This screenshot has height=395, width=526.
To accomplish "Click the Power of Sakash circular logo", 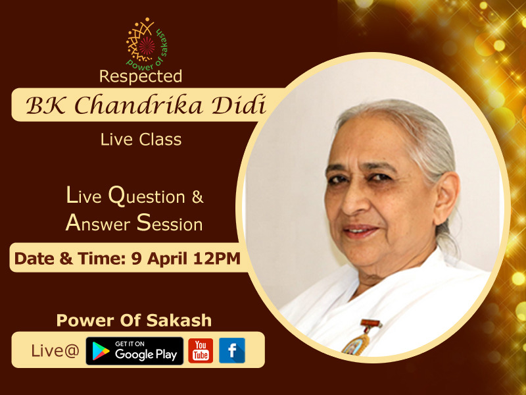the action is [147, 43].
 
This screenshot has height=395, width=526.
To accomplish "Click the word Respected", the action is [141, 76].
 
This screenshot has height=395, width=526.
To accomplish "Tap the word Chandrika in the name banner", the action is [138, 105].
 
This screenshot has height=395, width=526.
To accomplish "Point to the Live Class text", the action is [141, 140].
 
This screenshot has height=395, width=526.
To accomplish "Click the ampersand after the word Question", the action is [198, 197].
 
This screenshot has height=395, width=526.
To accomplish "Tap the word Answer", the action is [97, 223].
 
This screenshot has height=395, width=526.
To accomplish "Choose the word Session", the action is [170, 223].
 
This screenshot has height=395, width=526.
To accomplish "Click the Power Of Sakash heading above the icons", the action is [134, 320].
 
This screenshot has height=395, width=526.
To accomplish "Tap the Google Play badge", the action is [135, 351].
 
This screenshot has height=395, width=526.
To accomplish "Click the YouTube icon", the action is [201, 351].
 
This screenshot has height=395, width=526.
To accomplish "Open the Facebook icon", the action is [232, 351].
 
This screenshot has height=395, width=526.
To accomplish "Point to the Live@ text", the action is [55, 351].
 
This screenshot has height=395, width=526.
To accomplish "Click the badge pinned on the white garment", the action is [360, 338].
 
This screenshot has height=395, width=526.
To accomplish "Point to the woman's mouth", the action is [360, 231].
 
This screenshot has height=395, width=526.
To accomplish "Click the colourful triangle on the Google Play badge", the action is [101, 351].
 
